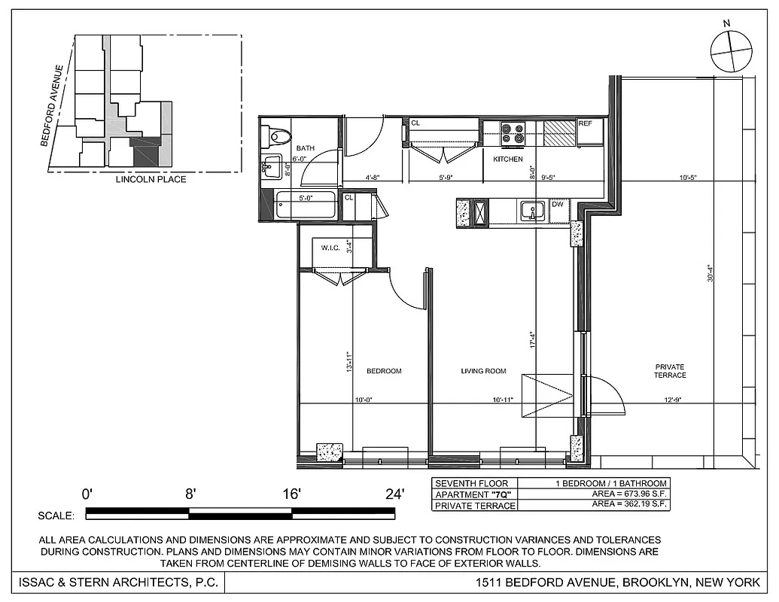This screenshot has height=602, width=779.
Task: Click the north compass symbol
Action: pos(731,50)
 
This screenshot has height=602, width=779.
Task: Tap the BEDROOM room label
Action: pos(384,371)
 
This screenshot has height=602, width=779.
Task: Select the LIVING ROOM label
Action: pos(483,371)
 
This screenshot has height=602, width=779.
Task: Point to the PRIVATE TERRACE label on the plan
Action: pos(670,371)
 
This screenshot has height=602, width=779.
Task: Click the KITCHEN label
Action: pos(508,160)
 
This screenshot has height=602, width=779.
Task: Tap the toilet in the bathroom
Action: pos(276,136)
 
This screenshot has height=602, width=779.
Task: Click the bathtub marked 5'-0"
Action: pos(304,205)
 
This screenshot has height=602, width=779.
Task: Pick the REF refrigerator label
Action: pos(586,123)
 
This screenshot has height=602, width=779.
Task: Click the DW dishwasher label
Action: pos(558,204)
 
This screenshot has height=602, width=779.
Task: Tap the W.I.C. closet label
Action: pos(331,248)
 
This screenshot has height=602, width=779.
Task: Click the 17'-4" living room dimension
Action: pos(533,341)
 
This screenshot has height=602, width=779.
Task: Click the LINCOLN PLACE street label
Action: pos(151,180)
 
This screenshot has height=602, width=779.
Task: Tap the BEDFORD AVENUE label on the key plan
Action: pos(58,105)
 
